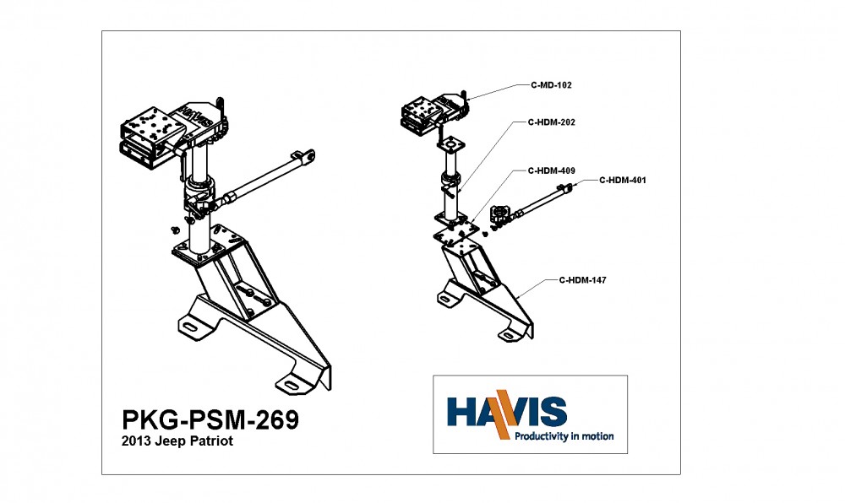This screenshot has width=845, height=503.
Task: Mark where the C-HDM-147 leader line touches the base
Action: [x=516, y=298]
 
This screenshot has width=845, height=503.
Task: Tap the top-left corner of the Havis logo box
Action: [x=433, y=376]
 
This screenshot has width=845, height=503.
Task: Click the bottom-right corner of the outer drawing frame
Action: [x=680, y=474]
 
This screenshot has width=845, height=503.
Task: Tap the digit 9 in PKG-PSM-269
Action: [x=291, y=419]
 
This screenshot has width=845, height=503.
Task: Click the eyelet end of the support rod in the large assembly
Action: [x=308, y=156]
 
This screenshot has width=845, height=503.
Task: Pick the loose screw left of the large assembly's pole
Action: [x=175, y=230]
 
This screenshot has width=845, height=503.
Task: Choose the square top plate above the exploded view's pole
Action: [x=450, y=144]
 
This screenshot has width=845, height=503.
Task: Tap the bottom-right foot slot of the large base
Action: [x=291, y=384]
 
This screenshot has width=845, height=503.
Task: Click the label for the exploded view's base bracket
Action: [x=582, y=280]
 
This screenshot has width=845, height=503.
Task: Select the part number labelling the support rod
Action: [x=623, y=181]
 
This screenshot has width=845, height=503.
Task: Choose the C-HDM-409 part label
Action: [x=551, y=170]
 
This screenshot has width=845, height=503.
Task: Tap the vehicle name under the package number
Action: [x=177, y=441]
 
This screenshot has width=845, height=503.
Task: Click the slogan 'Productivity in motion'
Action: [x=564, y=436]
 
